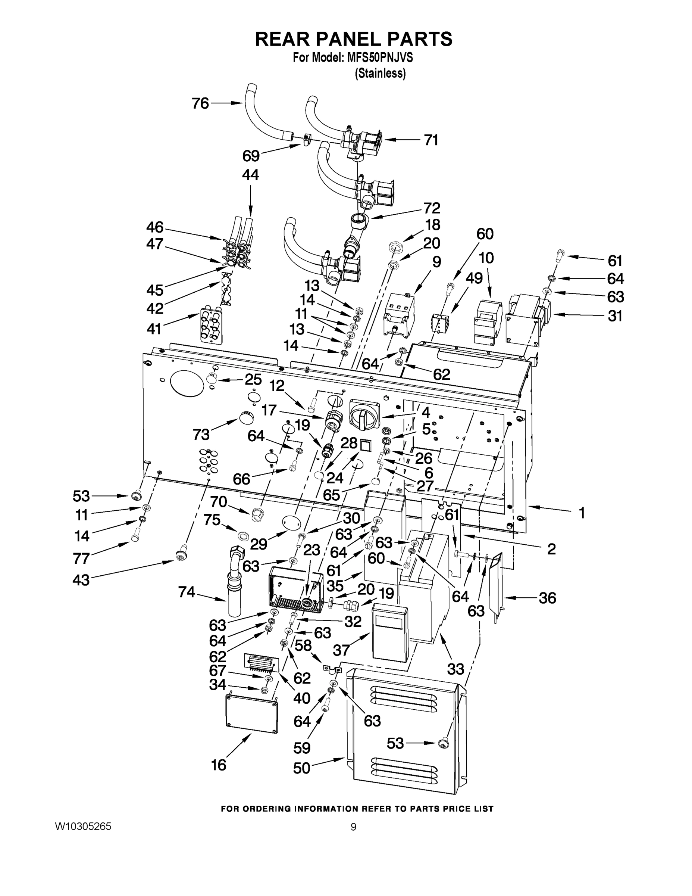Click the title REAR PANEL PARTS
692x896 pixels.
pyautogui.click(x=353, y=39)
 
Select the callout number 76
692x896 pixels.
pyautogui.click(x=200, y=103)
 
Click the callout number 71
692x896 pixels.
pyautogui.click(x=431, y=140)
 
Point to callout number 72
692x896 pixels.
pyautogui.click(x=432, y=208)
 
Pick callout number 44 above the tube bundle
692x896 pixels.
pyautogui.click(x=250, y=175)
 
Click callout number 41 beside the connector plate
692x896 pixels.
pyautogui.click(x=154, y=329)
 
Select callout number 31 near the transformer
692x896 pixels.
pyautogui.click(x=615, y=316)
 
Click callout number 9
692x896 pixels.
pyautogui.click(x=436, y=262)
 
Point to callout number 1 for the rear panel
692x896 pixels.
pyautogui.click(x=582, y=513)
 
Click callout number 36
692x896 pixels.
pyautogui.click(x=547, y=598)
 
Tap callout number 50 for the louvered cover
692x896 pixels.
pyautogui.click(x=302, y=768)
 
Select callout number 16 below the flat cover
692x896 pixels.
pyautogui.click(x=219, y=765)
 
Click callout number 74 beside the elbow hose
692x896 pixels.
pyautogui.click(x=187, y=592)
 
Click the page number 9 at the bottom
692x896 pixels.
pyautogui.click(x=353, y=827)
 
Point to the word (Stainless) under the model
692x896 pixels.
pyautogui.click(x=380, y=74)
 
